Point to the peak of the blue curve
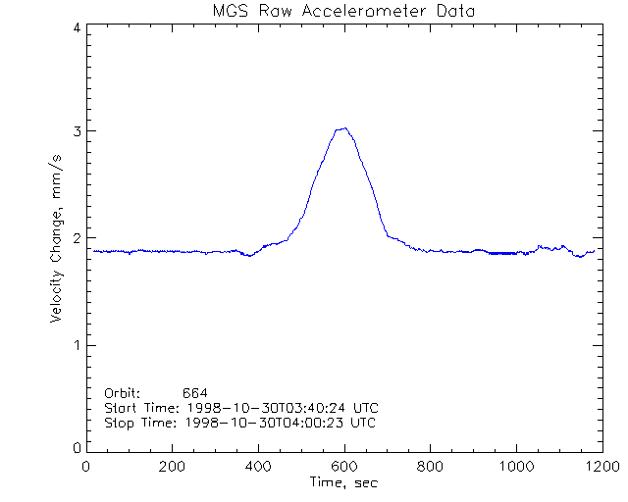click(342, 128)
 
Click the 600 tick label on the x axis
click(342, 466)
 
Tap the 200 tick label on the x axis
click(172, 466)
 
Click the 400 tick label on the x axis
click(257, 466)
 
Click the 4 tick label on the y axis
click(76, 28)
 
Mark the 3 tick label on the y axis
click(76, 131)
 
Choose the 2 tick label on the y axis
click(76, 238)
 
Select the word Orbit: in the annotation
click(123, 393)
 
